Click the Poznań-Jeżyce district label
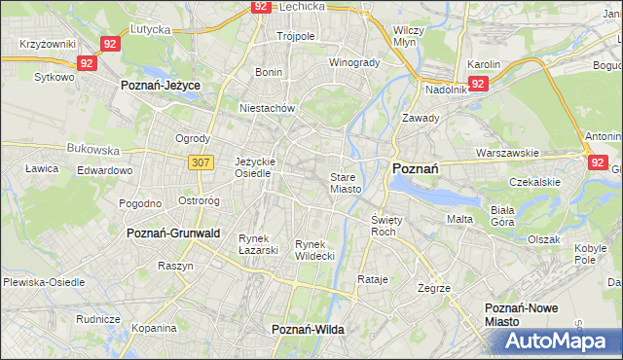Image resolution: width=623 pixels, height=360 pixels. point(160,86)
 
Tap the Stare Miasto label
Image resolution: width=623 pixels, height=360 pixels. point(346,183)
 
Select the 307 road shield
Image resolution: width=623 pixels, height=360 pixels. point(201,162)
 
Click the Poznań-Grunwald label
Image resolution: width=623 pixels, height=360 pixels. point(173,234)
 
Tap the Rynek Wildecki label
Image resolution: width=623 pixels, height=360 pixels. point(314,249)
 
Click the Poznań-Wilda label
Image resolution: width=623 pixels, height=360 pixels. point(308,331)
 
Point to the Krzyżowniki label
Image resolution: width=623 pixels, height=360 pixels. point(48,45)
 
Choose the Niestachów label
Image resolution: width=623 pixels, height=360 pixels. point(266,109)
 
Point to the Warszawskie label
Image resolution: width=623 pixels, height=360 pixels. point(507,154)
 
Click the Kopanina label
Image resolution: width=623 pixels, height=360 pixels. point(153,328)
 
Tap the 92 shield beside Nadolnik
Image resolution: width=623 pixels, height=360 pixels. point(477,85)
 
